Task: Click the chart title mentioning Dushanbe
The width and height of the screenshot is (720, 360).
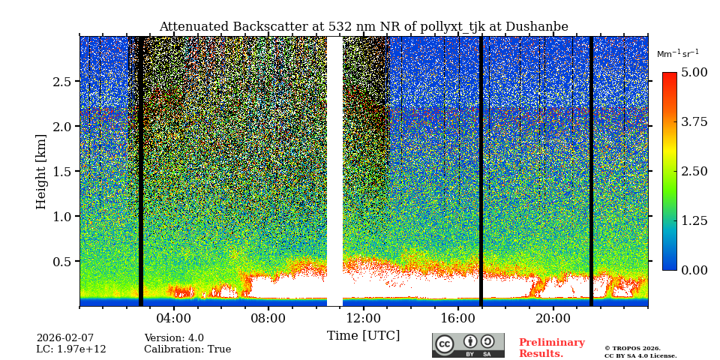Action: (x=364, y=27)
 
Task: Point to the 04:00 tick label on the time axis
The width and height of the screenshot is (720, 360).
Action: (x=173, y=318)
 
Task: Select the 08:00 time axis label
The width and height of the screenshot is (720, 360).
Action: (x=268, y=318)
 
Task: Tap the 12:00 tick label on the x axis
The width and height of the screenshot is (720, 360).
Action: (x=363, y=318)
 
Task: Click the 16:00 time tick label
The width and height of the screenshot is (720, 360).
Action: (x=458, y=318)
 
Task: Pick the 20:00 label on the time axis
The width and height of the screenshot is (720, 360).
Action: (x=553, y=318)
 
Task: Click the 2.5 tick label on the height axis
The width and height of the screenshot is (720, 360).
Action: (x=62, y=81)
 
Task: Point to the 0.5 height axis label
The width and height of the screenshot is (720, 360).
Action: (x=62, y=262)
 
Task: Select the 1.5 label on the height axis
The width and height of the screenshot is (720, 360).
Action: (x=62, y=172)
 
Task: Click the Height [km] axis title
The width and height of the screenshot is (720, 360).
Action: (x=41, y=171)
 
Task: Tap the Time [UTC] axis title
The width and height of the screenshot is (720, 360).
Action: (x=363, y=335)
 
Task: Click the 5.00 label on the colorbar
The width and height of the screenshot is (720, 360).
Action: (x=694, y=72)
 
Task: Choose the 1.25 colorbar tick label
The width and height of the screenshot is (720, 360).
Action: (x=694, y=220)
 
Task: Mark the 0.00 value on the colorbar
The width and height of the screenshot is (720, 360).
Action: (x=694, y=270)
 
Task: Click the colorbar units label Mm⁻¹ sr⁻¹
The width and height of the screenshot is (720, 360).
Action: (x=677, y=54)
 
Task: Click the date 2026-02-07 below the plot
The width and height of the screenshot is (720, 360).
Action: (x=65, y=338)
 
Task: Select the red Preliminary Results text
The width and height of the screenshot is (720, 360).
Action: (x=551, y=348)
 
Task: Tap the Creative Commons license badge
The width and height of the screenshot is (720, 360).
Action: (x=468, y=345)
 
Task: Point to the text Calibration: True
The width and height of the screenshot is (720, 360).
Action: (x=187, y=349)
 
